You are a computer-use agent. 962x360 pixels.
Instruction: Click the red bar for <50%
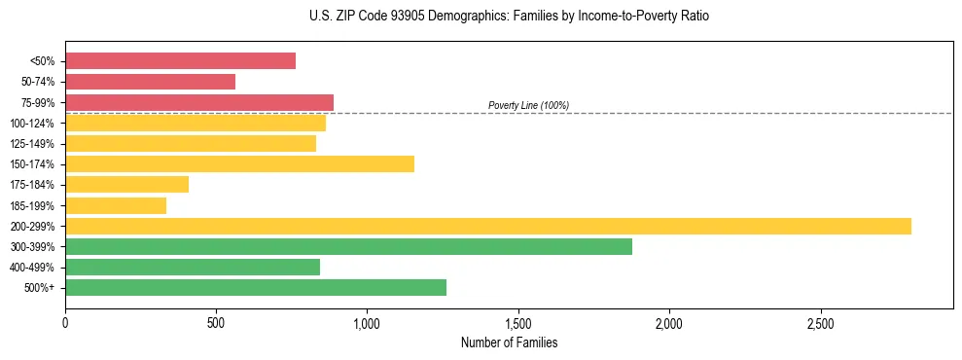[180, 61]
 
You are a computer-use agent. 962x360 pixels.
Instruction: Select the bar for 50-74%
[150, 82]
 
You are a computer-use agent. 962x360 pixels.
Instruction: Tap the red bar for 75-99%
[199, 102]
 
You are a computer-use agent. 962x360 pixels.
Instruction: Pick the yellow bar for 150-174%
[239, 163]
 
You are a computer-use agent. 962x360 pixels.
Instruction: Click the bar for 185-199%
[116, 205]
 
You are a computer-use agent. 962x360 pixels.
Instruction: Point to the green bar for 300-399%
[348, 246]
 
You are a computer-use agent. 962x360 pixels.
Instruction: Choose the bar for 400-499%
[193, 267]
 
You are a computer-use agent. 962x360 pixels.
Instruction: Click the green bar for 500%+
[256, 287]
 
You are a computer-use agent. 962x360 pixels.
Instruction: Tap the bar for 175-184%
[126, 184]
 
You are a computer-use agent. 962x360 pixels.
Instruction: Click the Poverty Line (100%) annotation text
[528, 105]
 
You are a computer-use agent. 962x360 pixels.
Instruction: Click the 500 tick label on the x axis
[216, 322]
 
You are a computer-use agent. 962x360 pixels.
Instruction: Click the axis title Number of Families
[509, 342]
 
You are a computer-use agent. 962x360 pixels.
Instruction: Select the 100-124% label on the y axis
[32, 124]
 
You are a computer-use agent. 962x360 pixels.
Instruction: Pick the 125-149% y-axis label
[32, 144]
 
